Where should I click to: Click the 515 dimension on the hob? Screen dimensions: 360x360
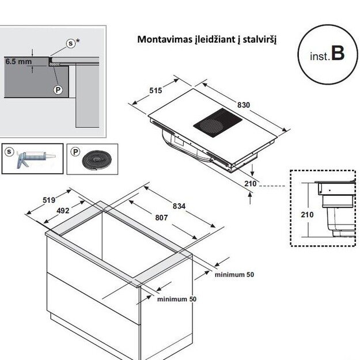pos(155,90)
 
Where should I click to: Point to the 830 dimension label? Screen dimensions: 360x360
pos(244,105)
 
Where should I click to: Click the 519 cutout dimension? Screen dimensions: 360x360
pos(49,200)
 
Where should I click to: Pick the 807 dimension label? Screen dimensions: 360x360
pos(161,218)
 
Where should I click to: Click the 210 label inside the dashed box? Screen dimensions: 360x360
pos(307,214)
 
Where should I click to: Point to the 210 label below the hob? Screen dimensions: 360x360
pos(249,184)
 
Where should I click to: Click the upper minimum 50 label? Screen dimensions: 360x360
pos(234,275)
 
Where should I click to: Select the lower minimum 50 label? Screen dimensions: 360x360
pos(177,300)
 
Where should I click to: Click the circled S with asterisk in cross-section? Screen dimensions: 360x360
pos(71,43)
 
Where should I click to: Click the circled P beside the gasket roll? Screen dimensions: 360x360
pos(74,151)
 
